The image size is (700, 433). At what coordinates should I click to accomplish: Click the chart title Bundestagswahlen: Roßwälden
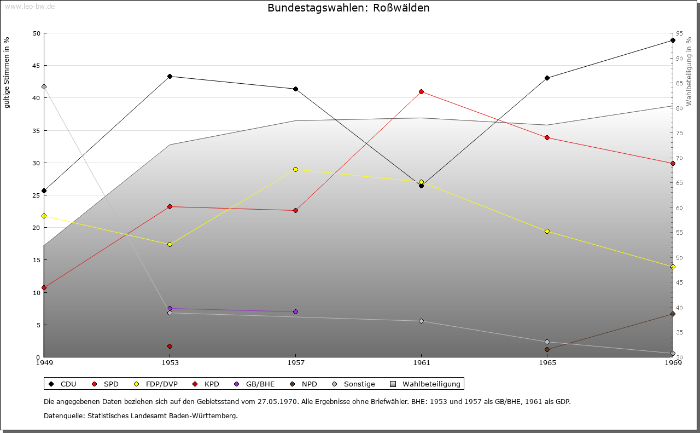[x=348, y=8]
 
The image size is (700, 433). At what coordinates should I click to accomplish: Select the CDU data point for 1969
[x=673, y=41]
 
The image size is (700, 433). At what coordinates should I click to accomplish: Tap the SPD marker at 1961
[x=421, y=91]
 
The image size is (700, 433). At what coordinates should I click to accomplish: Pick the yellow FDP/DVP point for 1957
[x=295, y=169]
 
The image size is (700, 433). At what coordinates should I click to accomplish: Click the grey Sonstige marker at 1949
[x=44, y=86]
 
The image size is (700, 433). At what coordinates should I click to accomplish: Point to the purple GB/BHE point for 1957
[x=295, y=311]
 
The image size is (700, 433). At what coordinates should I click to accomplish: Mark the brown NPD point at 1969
[x=673, y=314]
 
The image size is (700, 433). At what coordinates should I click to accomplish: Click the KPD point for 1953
[x=170, y=346]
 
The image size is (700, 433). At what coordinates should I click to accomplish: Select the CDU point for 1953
[x=170, y=76]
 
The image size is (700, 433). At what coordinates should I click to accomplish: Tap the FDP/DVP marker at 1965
[x=547, y=231]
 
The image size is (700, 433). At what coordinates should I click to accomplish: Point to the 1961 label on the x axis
[x=421, y=362]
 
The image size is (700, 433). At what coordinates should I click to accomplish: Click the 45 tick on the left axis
[x=36, y=66]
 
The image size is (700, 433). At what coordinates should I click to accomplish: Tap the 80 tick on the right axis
[x=679, y=108]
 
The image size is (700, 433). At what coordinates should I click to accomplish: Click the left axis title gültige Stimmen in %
[x=7, y=72]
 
